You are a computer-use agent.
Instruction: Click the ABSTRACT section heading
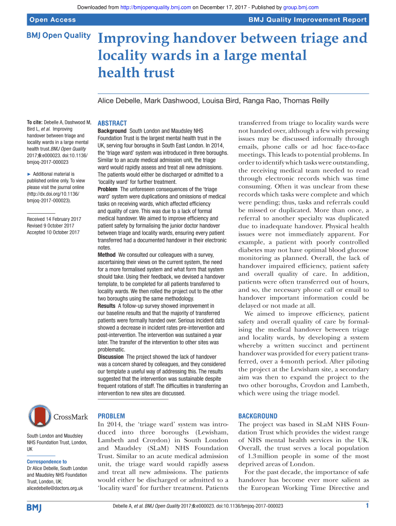112,123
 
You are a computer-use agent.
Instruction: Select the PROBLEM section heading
111,416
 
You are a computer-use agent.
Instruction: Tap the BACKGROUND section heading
258,416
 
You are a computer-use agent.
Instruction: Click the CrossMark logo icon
40,417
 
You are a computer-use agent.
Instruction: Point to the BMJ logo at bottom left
34,508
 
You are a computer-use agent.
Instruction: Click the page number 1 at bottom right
367,506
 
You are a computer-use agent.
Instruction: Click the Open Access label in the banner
52,20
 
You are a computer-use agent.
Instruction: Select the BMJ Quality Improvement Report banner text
308,20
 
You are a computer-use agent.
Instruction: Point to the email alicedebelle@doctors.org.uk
55,488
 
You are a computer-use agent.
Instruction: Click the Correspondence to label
46,462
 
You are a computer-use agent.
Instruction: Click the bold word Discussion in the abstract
111,356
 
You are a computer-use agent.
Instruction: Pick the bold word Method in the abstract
106,254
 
